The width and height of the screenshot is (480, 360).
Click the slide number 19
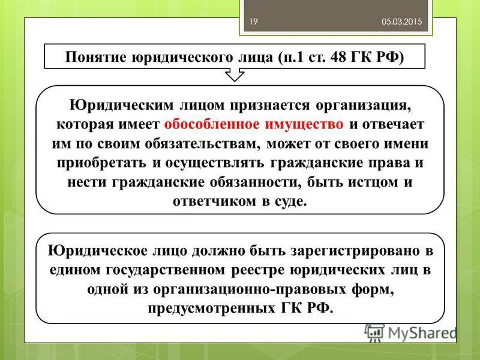[253, 22]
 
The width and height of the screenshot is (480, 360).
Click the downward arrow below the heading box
[234, 75]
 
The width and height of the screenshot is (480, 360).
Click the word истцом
[373, 182]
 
